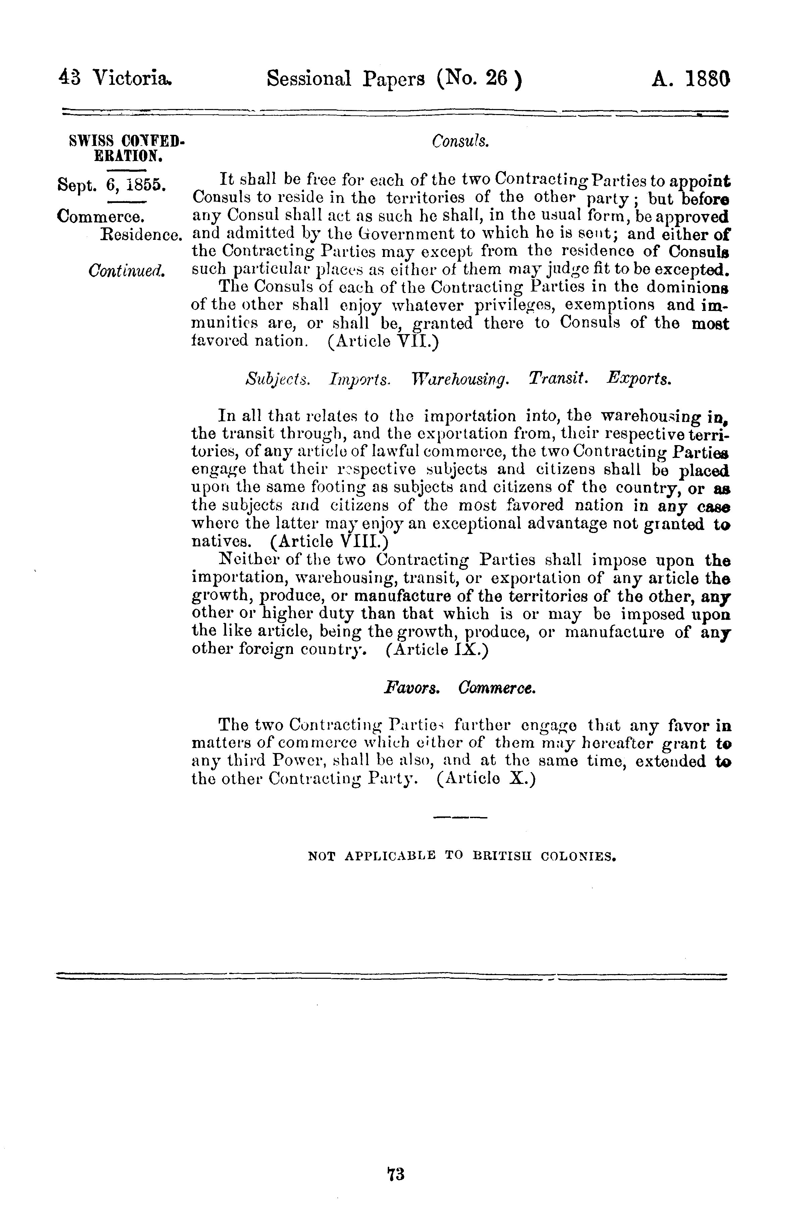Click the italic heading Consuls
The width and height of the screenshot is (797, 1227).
coord(460,141)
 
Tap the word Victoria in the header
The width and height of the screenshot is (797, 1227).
coord(131,79)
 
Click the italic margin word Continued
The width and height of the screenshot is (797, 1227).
coord(127,270)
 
